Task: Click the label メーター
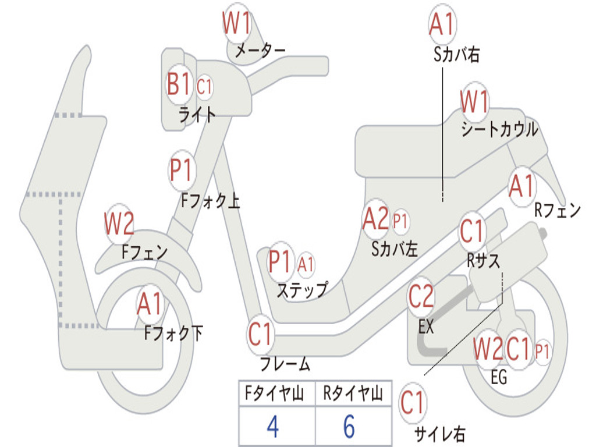point(260,51)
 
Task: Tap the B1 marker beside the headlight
point(179,85)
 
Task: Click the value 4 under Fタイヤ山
point(272,427)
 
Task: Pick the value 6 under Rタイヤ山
point(349,427)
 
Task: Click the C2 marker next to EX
point(421,297)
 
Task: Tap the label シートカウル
point(500,129)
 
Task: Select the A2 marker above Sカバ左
point(375,219)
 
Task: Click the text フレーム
point(285,365)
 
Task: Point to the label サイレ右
point(440,434)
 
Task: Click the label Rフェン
point(558,211)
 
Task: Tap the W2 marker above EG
point(488,349)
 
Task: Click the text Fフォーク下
point(173,333)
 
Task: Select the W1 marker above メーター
point(236,25)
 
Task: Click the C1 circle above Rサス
point(472,232)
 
